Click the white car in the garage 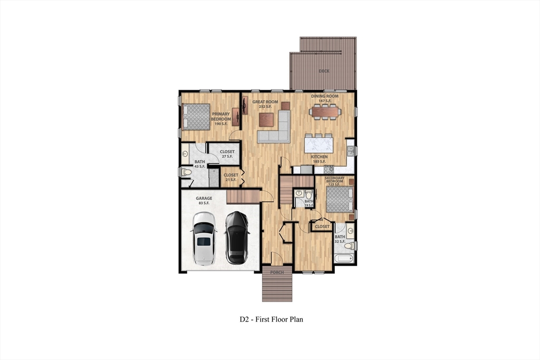pos(204,238)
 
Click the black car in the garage pos(237,238)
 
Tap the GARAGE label pos(204,200)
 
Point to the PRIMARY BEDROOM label pos(221,119)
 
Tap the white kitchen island pos(319,143)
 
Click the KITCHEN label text pos(319,157)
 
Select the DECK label pos(324,71)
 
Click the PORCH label pos(277,273)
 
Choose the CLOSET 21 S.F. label pos(230,177)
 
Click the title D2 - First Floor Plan pos(271,319)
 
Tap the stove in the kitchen pos(330,170)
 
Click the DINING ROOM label pos(324,98)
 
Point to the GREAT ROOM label pos(265,104)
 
